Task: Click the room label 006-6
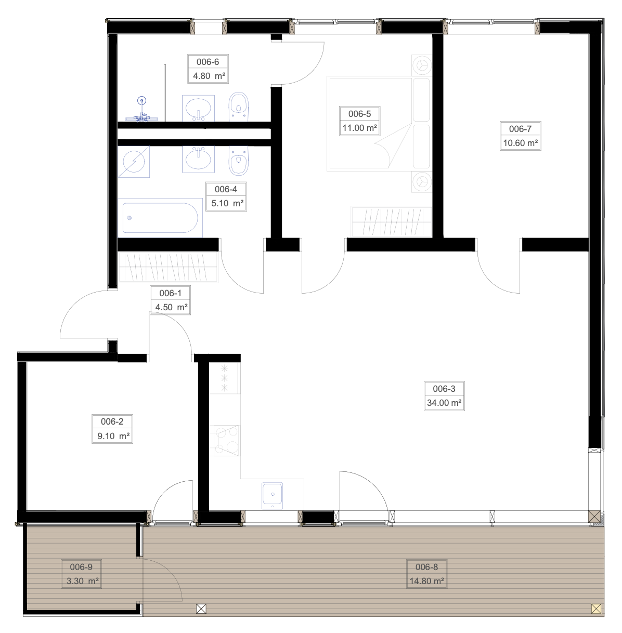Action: (x=208, y=62)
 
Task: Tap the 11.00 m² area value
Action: (x=359, y=128)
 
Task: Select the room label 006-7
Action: (x=520, y=129)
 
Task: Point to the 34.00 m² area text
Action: (x=444, y=403)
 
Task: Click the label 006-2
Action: (x=112, y=421)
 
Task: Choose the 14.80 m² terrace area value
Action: (x=427, y=581)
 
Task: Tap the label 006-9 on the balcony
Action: (x=81, y=567)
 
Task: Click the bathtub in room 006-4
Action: (x=160, y=218)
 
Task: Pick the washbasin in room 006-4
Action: (x=199, y=160)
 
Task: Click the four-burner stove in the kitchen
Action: (x=227, y=441)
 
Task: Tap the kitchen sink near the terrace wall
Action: (x=272, y=496)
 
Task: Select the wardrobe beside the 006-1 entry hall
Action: (x=167, y=267)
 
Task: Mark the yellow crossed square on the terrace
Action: (x=596, y=609)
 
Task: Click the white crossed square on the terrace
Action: (x=201, y=609)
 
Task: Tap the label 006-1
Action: (x=170, y=293)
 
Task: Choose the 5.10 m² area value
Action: (x=227, y=203)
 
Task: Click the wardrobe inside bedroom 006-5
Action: (x=391, y=221)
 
